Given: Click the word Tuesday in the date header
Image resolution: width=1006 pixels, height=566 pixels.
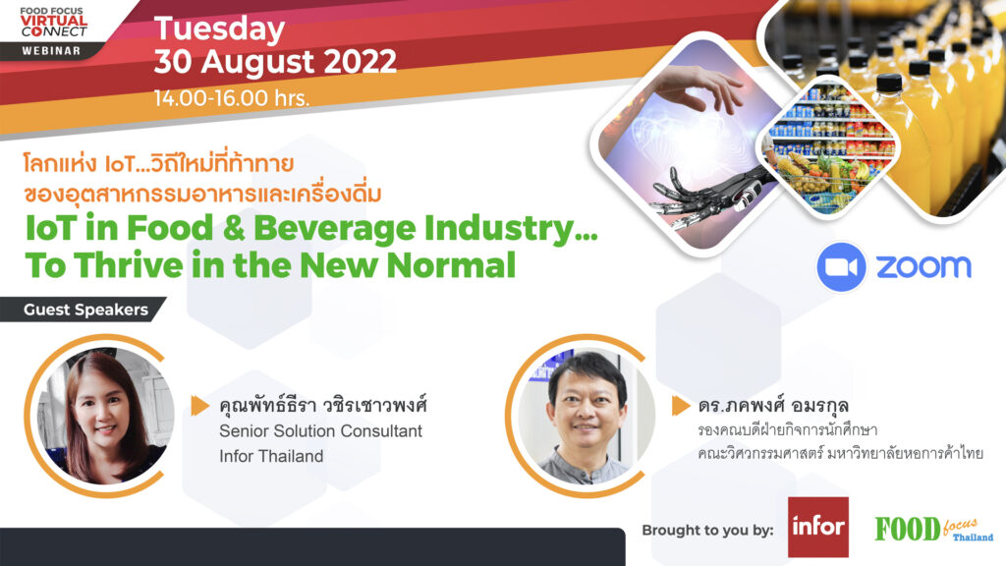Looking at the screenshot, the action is coord(219,30).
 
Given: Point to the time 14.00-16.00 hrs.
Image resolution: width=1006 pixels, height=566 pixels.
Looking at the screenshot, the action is coord(232,98).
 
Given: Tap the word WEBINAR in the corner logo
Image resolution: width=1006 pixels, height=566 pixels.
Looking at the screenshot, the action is coord(51,51).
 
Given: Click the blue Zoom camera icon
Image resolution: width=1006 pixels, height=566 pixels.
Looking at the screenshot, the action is coord(841,267).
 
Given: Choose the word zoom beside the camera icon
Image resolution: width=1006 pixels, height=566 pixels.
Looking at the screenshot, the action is coord(923,266).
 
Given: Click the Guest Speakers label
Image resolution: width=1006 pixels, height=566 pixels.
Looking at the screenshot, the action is coord(86,310).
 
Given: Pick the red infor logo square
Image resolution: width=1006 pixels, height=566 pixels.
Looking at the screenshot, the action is coord(818,527).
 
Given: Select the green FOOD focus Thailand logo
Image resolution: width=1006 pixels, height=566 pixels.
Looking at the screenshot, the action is coord(933,530).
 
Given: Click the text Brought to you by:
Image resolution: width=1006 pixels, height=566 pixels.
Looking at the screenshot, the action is coord(707,530).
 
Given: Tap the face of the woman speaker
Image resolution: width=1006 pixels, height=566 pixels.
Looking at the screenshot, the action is coord(102,410).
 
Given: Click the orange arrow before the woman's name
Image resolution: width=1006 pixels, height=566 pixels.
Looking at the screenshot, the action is coord(200,406).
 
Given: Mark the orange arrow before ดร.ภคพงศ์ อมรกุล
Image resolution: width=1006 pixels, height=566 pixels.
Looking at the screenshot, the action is coord(681,406).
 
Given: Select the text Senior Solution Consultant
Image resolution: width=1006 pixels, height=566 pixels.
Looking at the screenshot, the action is coord(321,430).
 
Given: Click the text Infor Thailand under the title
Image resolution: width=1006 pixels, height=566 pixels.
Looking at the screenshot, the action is coord(271,456).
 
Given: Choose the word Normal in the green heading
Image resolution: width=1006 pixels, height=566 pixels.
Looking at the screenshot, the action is coord(451,265).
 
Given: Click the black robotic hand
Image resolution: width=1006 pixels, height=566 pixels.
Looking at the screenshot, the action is coord(705,193).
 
